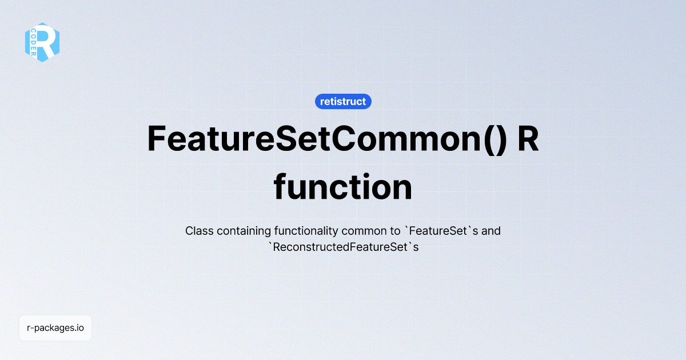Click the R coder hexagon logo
pyautogui.click(x=42, y=42)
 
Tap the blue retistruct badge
pyautogui.click(x=343, y=102)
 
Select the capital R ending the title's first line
pyautogui.click(x=528, y=139)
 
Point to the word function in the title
pyautogui.click(x=343, y=187)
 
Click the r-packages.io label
pyautogui.click(x=55, y=328)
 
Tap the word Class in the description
pyautogui.click(x=198, y=231)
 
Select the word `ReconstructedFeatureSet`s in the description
pyautogui.click(x=343, y=248)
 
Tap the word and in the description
pyautogui.click(x=492, y=231)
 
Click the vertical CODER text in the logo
pyautogui.click(x=34, y=42)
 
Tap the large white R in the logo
pyautogui.click(x=49, y=42)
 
